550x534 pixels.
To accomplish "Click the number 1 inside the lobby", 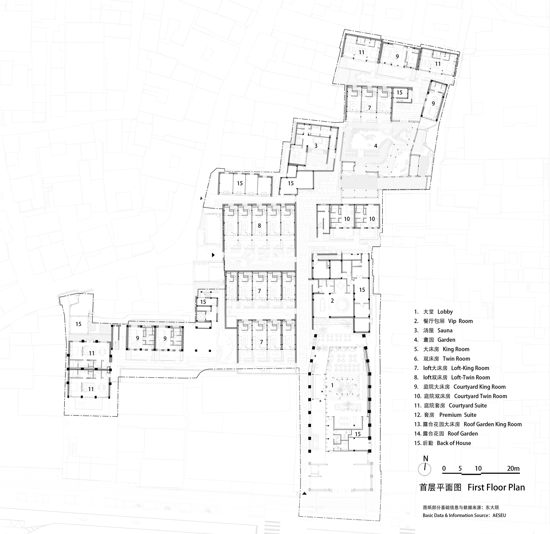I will (x=332, y=385).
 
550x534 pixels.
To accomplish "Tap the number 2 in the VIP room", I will (x=332, y=301).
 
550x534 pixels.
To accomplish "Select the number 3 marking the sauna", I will (x=316, y=146).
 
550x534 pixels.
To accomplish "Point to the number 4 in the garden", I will (x=375, y=146).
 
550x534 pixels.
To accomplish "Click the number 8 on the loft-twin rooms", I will (x=259, y=225).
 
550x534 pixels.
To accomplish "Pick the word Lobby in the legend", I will (x=445, y=312).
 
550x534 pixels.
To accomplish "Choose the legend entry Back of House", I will (x=454, y=443).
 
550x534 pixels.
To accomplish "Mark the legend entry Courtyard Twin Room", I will (x=480, y=396).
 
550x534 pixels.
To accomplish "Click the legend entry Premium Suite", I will (x=458, y=415).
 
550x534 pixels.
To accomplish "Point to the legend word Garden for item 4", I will (x=446, y=340).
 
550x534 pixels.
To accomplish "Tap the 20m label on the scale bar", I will (x=513, y=468).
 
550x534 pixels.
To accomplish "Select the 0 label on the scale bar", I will (x=444, y=468).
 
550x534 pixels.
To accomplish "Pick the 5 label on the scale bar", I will (x=460, y=468).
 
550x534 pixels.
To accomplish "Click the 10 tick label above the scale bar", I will (x=478, y=468).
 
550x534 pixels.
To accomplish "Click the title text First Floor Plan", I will (x=496, y=488).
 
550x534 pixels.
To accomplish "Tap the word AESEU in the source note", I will (x=499, y=515).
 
